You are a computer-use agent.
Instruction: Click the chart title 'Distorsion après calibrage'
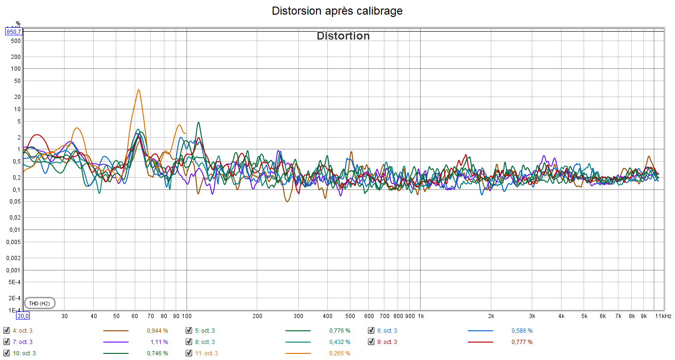coord(337,11)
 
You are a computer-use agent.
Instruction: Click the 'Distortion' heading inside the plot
coord(343,36)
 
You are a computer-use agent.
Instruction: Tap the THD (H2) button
coord(40,303)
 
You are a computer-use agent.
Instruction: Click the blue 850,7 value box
coord(14,32)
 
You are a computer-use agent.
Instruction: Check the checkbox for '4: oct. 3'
coord(7,330)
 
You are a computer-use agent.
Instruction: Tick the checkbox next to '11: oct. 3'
coord(189,353)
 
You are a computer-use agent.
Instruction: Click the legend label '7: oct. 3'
coord(23,342)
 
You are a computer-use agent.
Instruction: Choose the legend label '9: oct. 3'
coord(387,342)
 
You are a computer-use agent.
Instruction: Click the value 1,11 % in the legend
coord(159,342)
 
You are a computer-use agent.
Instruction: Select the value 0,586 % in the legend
coord(522,330)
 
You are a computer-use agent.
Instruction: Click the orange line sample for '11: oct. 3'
coord(298,353)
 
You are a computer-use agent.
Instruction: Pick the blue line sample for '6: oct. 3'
coord(480,330)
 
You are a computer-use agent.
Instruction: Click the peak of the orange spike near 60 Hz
coord(138,90)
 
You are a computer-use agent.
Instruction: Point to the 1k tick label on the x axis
coord(421,316)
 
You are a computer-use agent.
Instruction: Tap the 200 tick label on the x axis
coord(257,316)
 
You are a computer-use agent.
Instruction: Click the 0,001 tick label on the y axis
coord(14,270)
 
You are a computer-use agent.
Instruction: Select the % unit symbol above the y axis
coord(18,24)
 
